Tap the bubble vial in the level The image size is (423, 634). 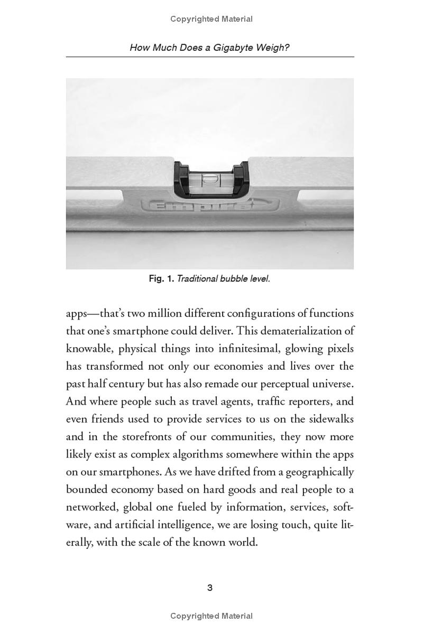210,179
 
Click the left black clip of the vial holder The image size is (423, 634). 181,179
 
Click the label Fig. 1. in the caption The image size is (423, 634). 161,278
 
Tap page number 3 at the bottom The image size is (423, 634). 210,588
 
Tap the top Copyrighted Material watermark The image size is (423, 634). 212,19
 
